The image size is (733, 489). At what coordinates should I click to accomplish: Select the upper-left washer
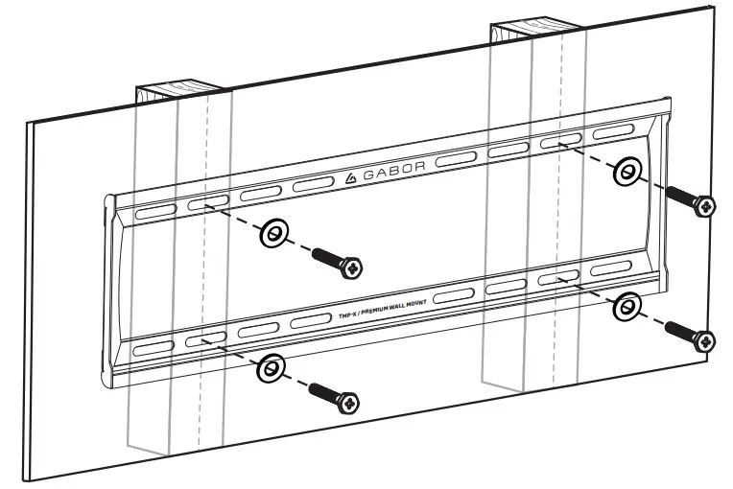pos(273,233)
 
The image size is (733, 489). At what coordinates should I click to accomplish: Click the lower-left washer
pos(272,366)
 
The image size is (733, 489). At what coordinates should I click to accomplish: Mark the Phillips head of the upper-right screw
pos(705,205)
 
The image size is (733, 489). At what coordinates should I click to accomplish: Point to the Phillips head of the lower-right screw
pos(705,339)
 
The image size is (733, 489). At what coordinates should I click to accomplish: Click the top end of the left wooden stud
pos(182,93)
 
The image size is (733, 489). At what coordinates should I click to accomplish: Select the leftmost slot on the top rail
pos(154,211)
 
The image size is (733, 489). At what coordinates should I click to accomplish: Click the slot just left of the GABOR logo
pos(313,183)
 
